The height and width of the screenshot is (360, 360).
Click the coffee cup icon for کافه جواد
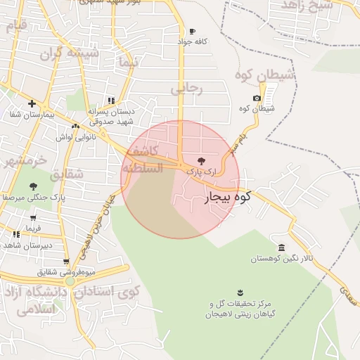193,31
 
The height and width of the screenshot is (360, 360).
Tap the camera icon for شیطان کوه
257,98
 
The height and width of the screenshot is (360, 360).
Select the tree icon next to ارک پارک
203,160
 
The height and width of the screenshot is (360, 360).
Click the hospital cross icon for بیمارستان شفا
32,103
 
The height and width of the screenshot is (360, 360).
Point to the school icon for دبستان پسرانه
110,101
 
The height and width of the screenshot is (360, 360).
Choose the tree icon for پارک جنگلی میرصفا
33,186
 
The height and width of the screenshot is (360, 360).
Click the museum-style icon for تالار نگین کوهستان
281,248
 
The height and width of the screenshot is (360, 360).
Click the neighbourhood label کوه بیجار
228,198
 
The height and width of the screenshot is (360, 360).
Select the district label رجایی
186,89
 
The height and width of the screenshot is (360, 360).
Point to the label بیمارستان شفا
29,114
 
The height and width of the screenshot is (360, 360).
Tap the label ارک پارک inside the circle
201,171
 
